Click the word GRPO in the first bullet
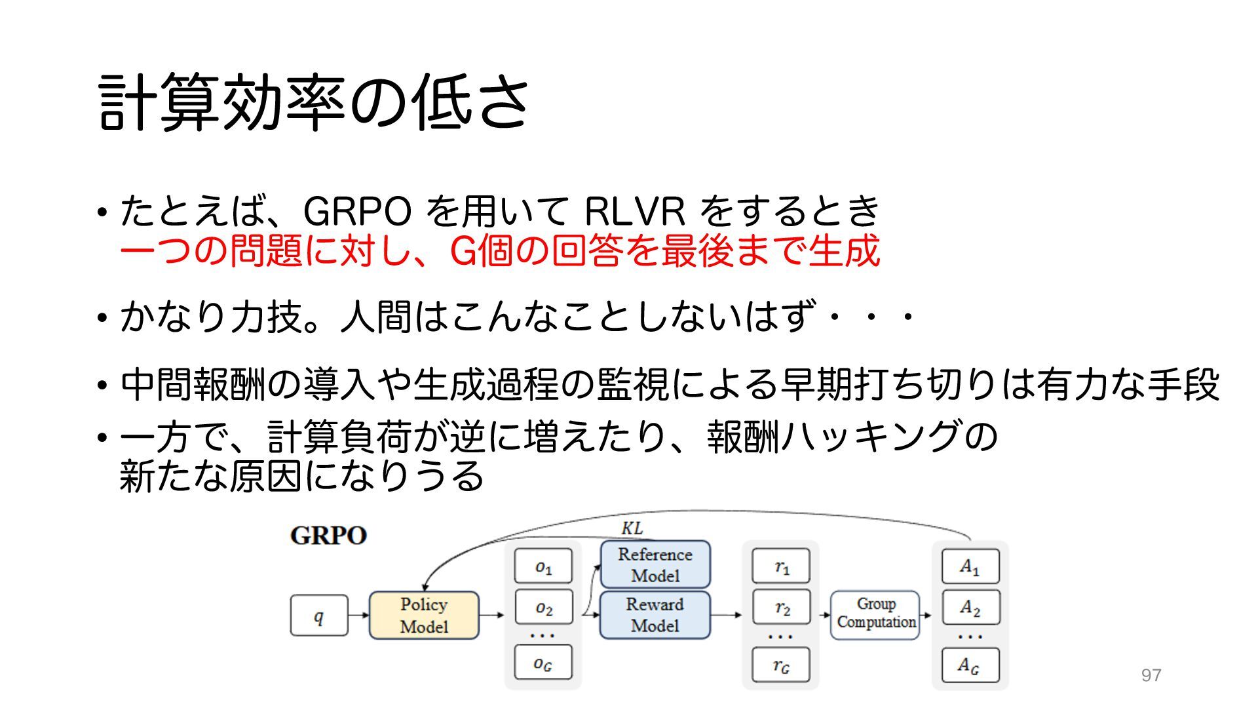pyautogui.click(x=358, y=212)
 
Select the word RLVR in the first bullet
pyautogui.click(x=634, y=212)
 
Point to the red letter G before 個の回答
pyautogui.click(x=463, y=251)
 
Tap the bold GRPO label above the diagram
pyautogui.click(x=328, y=536)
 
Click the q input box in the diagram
pyautogui.click(x=319, y=616)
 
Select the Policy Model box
pyautogui.click(x=424, y=616)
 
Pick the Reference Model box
pyautogui.click(x=655, y=564)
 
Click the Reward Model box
pyautogui.click(x=655, y=615)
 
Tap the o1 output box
pyautogui.click(x=543, y=566)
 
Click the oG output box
pyautogui.click(x=543, y=663)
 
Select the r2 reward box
pyautogui.click(x=781, y=608)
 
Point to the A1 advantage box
pyautogui.click(x=970, y=566)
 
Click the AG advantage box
pyautogui.click(x=970, y=665)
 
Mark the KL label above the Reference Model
pyautogui.click(x=632, y=528)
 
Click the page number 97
pyautogui.click(x=1151, y=675)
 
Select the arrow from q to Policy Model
pyautogui.click(x=358, y=616)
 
